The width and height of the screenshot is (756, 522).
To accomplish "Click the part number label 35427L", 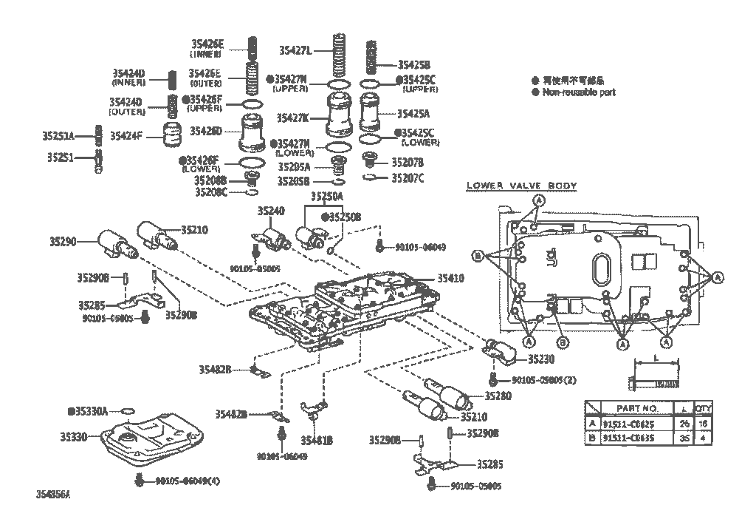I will coord(295,50).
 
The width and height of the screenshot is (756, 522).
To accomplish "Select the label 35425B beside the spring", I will coord(413,64).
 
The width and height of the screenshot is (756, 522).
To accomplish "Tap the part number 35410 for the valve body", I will coord(450,279).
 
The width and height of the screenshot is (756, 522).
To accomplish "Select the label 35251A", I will coord(59,136).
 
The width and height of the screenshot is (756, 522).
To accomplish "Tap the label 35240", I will coord(270,211).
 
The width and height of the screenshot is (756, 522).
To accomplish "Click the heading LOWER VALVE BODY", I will coord(522,186).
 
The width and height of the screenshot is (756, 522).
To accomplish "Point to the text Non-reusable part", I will coord(579,92).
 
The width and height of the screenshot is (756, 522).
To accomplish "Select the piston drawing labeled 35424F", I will coord(172,136).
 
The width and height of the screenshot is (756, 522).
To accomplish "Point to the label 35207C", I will coord(408,178).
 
